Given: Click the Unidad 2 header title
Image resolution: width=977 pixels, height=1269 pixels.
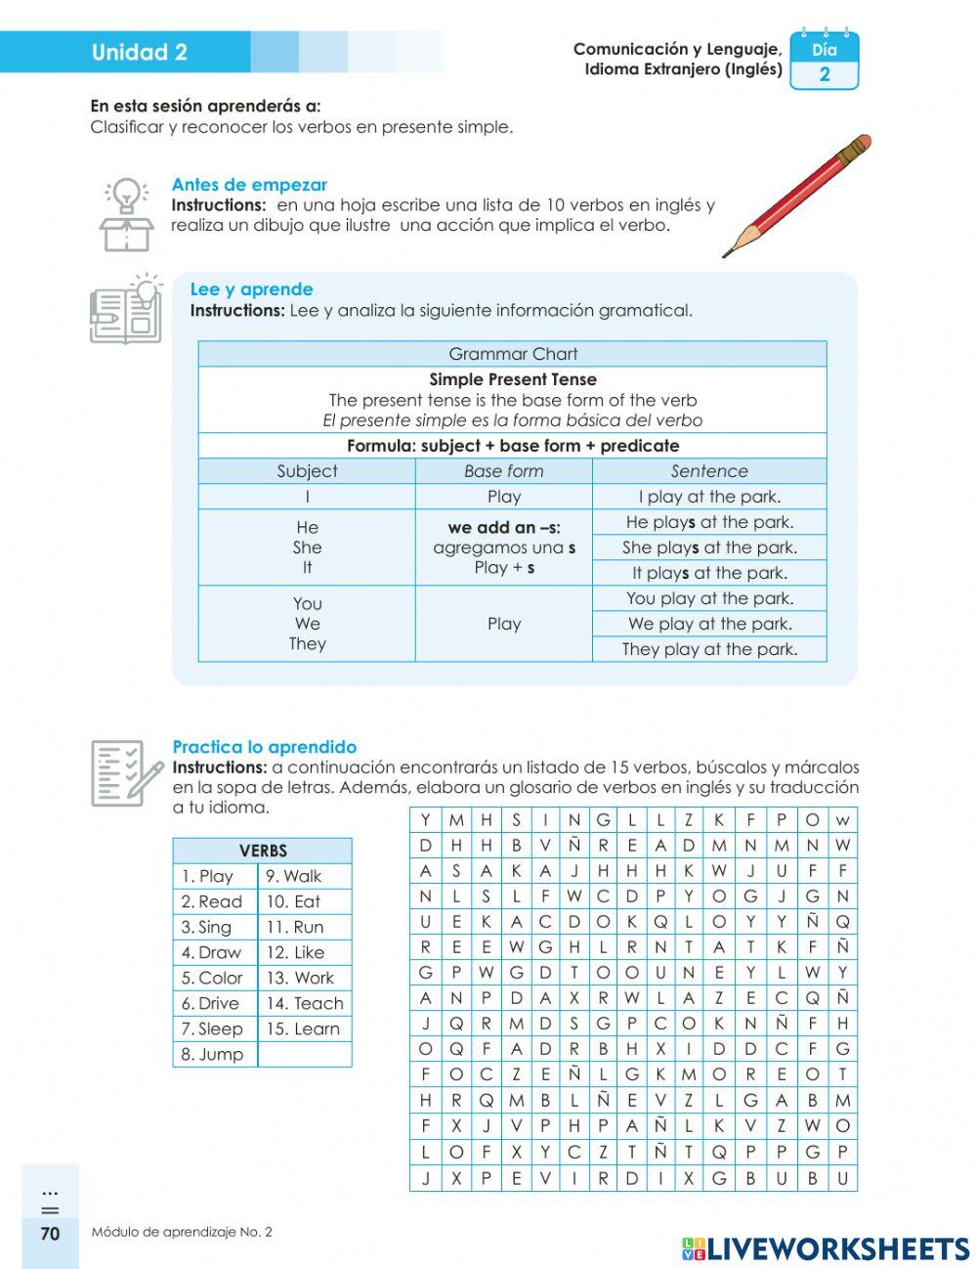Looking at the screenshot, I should tap(139, 53).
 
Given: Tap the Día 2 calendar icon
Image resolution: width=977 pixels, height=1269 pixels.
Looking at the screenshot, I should tap(824, 62).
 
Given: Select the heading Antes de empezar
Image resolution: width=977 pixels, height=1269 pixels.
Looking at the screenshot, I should tap(249, 185).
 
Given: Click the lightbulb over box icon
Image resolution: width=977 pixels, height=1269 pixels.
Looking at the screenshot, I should tap(126, 213).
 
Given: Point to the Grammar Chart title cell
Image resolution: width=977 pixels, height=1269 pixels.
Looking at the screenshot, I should tap(512, 354).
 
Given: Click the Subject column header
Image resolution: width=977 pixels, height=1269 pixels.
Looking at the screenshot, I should tap(307, 471).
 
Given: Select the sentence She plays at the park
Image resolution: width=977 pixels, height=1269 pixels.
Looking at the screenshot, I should tap(709, 547).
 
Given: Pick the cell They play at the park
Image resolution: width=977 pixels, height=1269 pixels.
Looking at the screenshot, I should tap(709, 649).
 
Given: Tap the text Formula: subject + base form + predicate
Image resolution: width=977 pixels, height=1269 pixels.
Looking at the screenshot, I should tap(512, 446).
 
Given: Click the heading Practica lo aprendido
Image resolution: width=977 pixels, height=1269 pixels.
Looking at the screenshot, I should tap(264, 747).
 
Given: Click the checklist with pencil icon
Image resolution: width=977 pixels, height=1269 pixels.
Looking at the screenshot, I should tap(126, 772).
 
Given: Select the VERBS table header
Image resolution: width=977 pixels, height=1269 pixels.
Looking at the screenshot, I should tap(262, 851).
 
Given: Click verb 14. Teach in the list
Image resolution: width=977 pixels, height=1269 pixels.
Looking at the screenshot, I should tap(304, 1003).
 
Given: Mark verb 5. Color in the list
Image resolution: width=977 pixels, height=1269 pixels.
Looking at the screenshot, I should tap(212, 978).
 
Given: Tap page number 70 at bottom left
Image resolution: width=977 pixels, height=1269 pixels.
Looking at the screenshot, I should tap(50, 1234).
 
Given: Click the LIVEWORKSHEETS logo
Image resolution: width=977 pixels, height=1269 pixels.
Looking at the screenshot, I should tap(826, 1248).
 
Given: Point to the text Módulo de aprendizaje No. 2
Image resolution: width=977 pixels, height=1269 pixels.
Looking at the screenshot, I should tap(182, 1232).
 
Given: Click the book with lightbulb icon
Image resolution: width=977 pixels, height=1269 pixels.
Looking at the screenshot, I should tap(126, 311).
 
